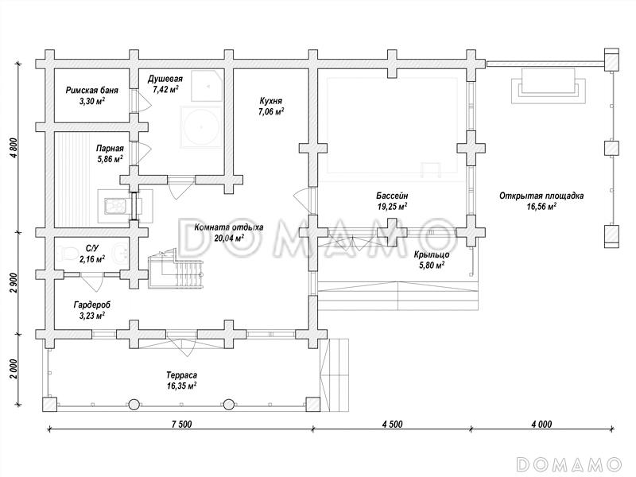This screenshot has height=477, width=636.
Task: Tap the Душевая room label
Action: tap(166, 79)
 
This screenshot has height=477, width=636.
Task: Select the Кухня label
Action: tap(271, 101)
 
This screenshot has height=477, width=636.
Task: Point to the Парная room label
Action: tap(110, 148)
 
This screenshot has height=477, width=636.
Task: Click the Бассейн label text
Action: tap(392, 195)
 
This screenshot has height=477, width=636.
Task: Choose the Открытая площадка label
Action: tap(541, 195)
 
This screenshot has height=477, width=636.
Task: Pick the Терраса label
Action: tap(182, 374)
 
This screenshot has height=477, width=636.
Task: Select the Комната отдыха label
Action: tap(217, 227)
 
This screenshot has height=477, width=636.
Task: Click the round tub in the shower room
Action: tap(199, 127)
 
